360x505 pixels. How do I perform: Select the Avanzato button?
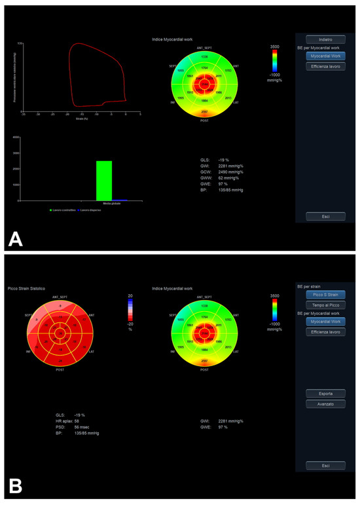tap(325, 403)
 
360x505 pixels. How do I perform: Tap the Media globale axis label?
tap(112, 203)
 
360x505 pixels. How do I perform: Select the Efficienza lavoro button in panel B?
tap(325, 332)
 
